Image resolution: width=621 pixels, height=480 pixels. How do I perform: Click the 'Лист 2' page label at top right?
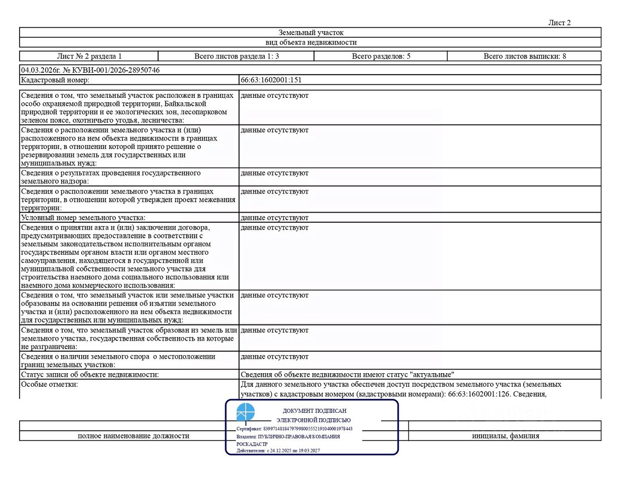[x=559, y=23]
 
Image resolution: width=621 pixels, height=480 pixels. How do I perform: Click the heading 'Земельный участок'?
[x=310, y=33]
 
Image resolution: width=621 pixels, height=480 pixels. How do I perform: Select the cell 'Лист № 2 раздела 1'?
[x=89, y=56]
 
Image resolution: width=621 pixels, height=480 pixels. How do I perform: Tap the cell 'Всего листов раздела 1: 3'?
[x=236, y=56]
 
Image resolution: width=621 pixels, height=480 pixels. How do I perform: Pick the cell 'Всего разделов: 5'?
[x=381, y=56]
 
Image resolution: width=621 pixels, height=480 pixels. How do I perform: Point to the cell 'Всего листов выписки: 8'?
[x=524, y=56]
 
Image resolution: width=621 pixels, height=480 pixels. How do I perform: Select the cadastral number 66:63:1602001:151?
[x=271, y=80]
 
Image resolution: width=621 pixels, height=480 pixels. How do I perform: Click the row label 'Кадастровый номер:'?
[x=55, y=80]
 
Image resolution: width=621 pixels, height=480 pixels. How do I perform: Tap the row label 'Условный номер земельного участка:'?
[x=83, y=218]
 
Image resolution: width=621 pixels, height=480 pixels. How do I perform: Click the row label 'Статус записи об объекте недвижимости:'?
[x=90, y=375]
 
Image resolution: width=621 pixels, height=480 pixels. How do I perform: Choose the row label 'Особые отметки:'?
[x=49, y=384]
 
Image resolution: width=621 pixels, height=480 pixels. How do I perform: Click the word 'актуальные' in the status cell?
[x=432, y=375]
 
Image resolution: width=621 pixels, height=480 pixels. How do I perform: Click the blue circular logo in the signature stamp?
[x=246, y=412]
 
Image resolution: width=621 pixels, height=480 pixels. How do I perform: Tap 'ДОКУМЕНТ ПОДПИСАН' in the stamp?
[x=315, y=411]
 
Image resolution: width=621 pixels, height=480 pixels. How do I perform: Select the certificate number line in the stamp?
[x=294, y=429]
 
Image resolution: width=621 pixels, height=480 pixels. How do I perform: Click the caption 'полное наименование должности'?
[x=133, y=436]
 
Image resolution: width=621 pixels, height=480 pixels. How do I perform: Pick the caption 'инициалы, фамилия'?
[x=505, y=436]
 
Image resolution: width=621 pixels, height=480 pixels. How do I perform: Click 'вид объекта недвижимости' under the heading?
[x=310, y=43]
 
